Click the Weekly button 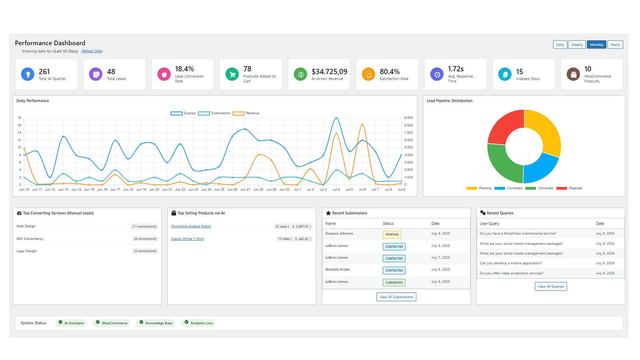[x=577, y=45]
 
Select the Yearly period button [x=615, y=45]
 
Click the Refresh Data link [x=92, y=51]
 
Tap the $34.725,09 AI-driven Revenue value [x=329, y=72]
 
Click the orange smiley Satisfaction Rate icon [x=369, y=74]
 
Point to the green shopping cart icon [x=232, y=74]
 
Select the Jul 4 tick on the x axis [x=336, y=190]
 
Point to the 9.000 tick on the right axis [x=408, y=118]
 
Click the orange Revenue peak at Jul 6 [x=362, y=125]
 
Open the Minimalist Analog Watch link [x=191, y=226]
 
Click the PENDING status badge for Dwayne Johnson [x=392, y=235]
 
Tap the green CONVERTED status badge [x=394, y=283]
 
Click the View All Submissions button [x=396, y=297]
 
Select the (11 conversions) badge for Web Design [x=144, y=227]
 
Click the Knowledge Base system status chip [x=156, y=323]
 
